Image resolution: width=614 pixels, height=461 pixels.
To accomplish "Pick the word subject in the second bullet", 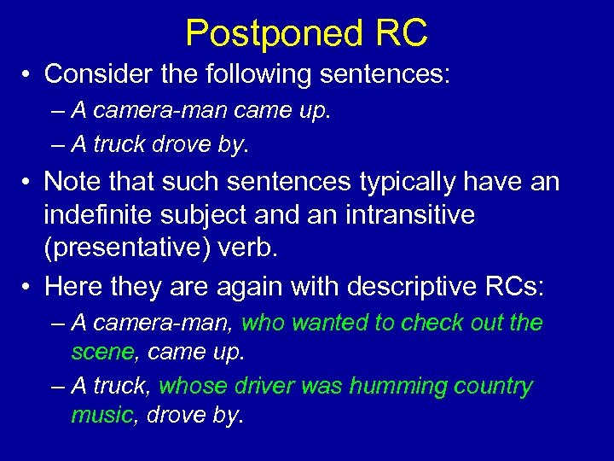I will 211,215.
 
